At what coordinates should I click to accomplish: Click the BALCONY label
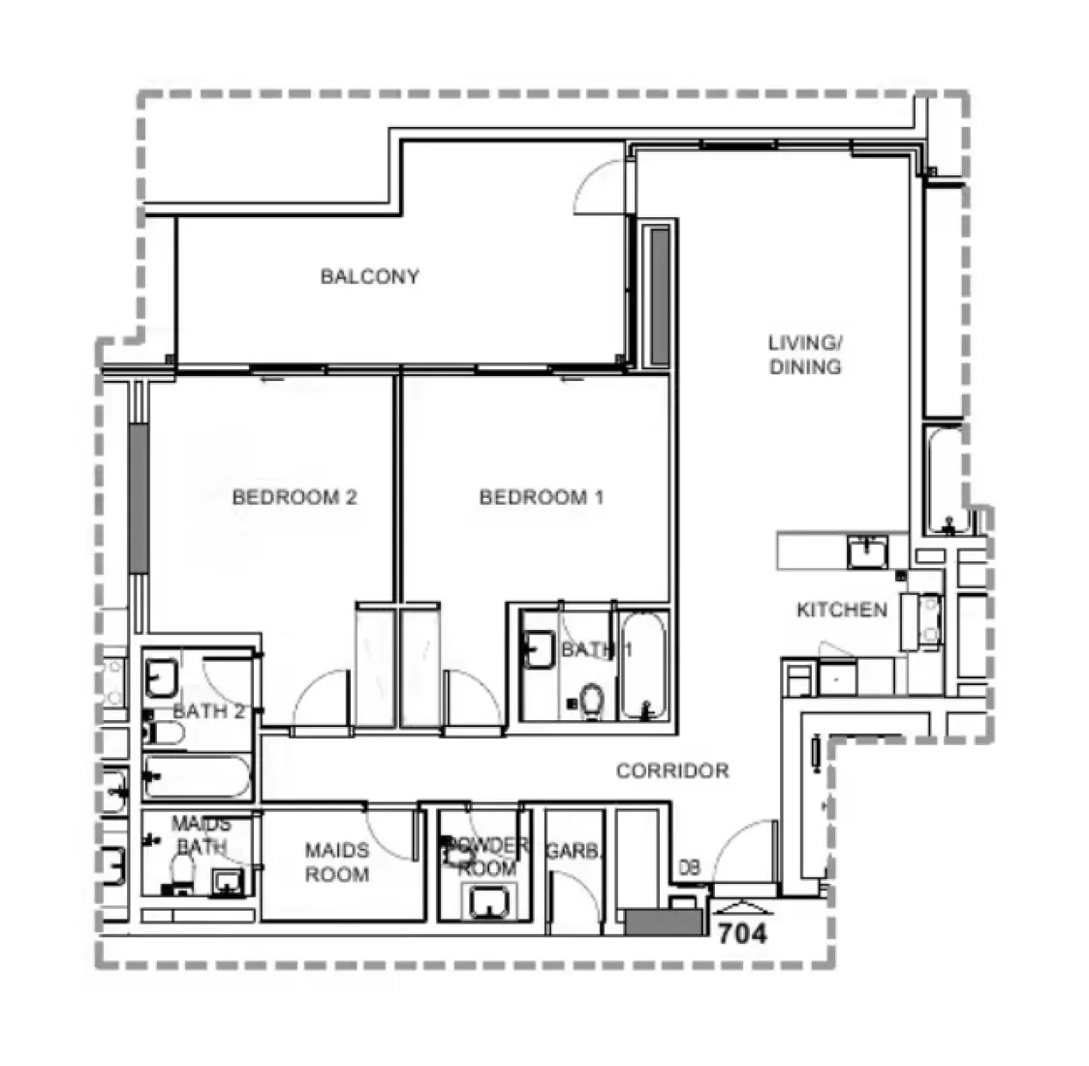click(370, 277)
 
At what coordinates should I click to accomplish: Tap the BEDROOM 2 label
click(295, 497)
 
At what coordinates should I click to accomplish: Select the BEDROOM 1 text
click(542, 497)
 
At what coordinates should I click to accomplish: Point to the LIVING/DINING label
click(805, 355)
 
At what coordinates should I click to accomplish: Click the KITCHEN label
click(841, 610)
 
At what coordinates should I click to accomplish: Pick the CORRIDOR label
click(672, 771)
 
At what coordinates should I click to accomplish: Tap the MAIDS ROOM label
click(337, 862)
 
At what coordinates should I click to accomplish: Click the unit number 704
click(742, 934)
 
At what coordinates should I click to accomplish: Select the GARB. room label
click(574, 851)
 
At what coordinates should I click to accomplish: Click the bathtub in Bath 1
click(642, 666)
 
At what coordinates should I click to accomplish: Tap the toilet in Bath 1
click(591, 700)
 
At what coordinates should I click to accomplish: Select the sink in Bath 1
click(538, 650)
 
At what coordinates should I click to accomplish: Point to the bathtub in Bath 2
click(197, 776)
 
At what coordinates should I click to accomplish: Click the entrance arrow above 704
click(742, 906)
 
